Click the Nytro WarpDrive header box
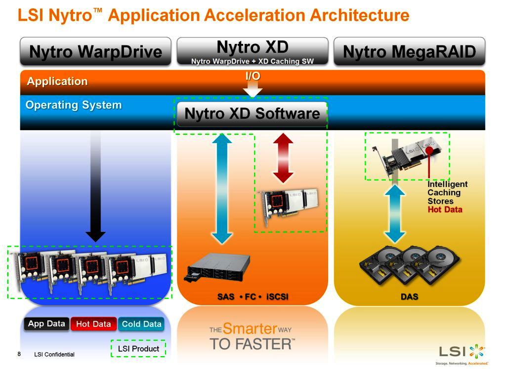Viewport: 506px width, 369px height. tap(95, 51)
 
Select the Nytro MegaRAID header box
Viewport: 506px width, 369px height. tap(409, 51)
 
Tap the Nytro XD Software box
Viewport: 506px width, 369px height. tap(252, 114)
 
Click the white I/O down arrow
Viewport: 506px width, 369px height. tap(253, 89)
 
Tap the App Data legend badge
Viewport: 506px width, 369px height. tap(46, 324)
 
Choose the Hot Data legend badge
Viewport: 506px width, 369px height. tap(93, 324)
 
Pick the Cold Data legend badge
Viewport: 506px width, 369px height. tap(141, 324)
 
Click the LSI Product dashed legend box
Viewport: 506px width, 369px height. tap(138, 349)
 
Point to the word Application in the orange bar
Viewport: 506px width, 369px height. tap(57, 81)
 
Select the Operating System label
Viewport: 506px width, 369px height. tap(74, 105)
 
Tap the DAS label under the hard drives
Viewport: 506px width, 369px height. tap(409, 296)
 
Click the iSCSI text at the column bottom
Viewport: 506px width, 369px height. tap(277, 296)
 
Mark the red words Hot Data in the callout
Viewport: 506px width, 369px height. tap(445, 210)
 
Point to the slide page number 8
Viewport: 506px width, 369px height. tap(19, 354)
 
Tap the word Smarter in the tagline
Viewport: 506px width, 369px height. tap(249, 329)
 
